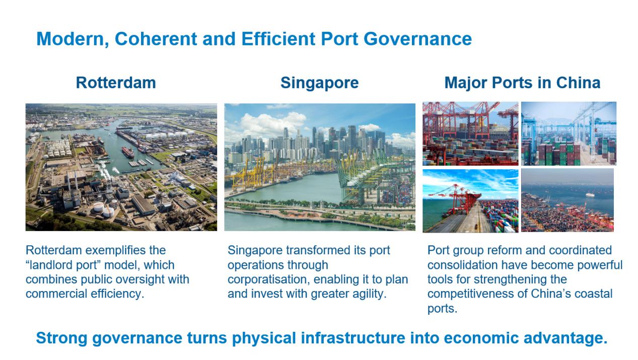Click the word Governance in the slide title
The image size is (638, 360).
[x=417, y=39]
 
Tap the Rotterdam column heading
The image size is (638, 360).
[x=116, y=83]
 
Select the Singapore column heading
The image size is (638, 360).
[x=320, y=83]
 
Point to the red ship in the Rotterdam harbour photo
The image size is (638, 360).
[x=128, y=152]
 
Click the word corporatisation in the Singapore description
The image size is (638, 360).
[x=268, y=279]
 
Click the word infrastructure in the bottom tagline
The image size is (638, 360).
[x=353, y=338]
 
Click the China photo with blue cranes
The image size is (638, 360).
[x=569, y=133]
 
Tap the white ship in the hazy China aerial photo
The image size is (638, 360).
[x=590, y=195]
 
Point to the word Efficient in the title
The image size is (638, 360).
[x=278, y=39]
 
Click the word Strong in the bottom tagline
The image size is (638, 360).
[x=61, y=338]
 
